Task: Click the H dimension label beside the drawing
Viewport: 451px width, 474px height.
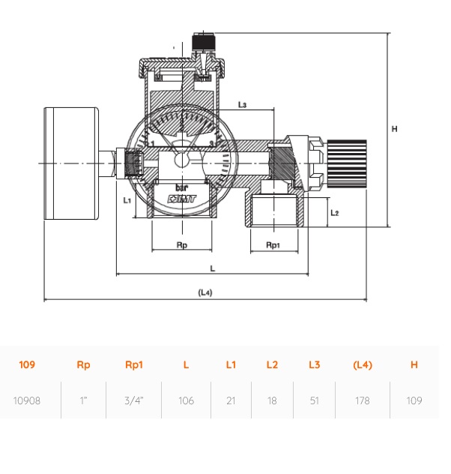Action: click(394, 129)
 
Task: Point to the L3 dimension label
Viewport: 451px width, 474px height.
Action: click(242, 104)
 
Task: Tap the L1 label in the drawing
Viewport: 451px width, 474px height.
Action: click(127, 200)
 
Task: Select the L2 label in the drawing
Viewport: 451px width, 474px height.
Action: click(335, 213)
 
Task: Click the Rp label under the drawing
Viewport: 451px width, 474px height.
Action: click(182, 244)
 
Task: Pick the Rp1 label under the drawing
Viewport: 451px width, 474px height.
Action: click(273, 244)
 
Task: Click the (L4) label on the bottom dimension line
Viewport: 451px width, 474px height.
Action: click(205, 292)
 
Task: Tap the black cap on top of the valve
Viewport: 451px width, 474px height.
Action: click(203, 42)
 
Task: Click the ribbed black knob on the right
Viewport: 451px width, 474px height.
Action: click(347, 163)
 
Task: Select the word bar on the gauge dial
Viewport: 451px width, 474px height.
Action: click(181, 188)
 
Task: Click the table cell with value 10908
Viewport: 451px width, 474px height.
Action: click(27, 400)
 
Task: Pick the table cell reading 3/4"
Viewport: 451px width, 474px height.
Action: click(134, 400)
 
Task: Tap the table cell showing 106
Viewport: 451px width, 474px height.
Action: click(186, 400)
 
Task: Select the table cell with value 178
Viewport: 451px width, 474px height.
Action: click(363, 400)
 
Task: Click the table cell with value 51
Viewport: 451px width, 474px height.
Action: click(314, 400)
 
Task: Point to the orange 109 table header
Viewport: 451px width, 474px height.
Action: click(27, 364)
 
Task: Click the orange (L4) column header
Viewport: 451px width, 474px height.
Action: click(363, 364)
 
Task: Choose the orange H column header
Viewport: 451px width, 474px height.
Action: click(414, 364)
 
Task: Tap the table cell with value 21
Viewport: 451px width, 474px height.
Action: click(231, 400)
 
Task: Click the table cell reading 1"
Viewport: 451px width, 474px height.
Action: click(83, 400)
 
